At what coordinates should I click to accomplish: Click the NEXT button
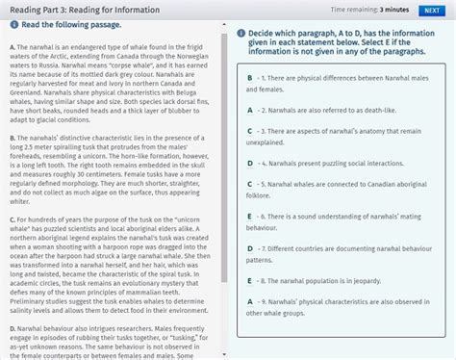432,10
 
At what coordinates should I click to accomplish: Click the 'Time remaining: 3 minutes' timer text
369,10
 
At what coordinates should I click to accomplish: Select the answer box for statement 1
249,77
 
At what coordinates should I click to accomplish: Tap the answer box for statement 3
249,129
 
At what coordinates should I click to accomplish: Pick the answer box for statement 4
249,163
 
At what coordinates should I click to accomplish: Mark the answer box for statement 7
249,247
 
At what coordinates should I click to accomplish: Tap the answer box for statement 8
249,281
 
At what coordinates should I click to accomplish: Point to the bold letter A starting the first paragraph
8,47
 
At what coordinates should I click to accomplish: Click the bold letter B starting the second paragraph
8,139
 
